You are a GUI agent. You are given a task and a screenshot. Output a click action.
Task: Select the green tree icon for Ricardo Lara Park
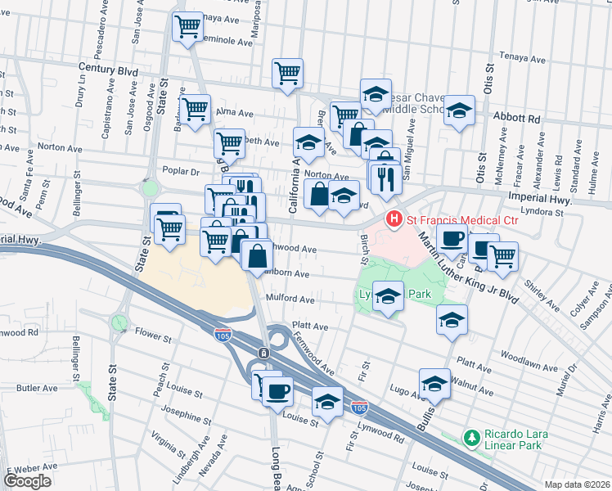coord(471,439)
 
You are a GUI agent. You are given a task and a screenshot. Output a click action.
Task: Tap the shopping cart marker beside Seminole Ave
coord(188,26)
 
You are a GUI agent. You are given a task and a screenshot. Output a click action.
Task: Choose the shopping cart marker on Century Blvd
coord(287,74)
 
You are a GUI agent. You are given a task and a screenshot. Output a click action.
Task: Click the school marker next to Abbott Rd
coord(459,111)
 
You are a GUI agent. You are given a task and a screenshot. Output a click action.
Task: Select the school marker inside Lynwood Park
coord(388,296)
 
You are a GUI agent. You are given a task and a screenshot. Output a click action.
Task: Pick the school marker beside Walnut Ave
coord(434,383)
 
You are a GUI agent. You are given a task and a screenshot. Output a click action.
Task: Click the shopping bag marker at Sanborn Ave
coord(257,255)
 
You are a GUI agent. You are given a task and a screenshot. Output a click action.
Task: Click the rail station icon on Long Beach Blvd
coord(263,353)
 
